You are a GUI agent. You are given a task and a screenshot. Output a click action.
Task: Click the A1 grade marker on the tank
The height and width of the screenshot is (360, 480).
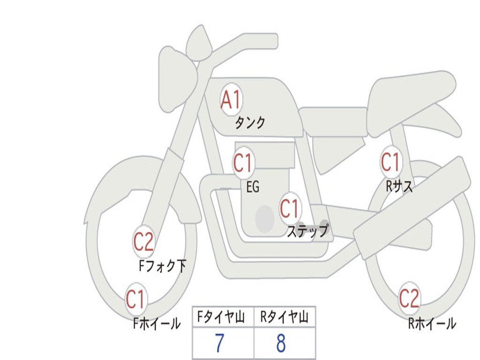pos(232,99)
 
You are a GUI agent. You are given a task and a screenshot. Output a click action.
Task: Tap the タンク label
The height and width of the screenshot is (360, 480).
pos(250,123)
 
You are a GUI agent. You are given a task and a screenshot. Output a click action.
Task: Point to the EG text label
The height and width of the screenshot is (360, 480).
pos(253,187)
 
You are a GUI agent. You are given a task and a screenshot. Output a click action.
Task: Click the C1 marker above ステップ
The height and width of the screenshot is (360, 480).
pos(290,209)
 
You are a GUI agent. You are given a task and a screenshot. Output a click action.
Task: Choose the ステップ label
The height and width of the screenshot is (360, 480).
pos(307,231)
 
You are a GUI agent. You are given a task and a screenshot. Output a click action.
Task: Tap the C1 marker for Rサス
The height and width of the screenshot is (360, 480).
pos(391,162)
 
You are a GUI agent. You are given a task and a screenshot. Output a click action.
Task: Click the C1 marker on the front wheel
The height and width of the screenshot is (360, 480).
pos(136,299)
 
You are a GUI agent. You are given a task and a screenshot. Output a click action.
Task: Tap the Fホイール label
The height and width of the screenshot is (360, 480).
pos(157,323)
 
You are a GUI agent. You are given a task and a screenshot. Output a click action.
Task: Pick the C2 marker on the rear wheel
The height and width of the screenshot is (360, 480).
pos(409,298)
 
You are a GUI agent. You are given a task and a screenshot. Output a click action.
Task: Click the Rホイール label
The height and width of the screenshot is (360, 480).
pos(432,323)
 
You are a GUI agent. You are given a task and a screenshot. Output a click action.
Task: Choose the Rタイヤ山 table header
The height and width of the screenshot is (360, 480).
pos(285,317)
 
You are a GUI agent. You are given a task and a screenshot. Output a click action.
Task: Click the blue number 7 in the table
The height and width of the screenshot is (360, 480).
pos(219,343)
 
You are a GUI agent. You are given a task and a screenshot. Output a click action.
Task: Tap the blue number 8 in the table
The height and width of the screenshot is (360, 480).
pos(281,343)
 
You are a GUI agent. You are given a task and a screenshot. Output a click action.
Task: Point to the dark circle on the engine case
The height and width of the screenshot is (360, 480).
pos(265,218)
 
